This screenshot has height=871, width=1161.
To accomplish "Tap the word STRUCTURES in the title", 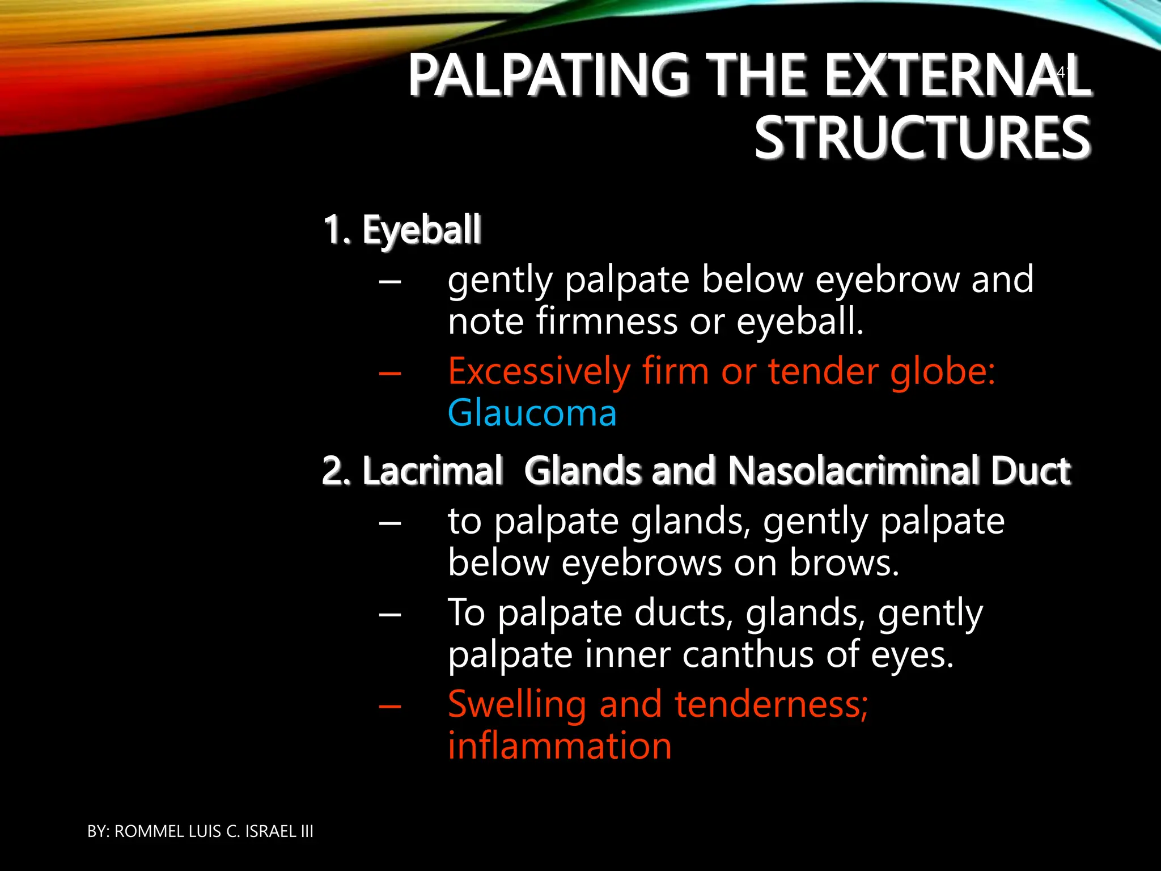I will [x=922, y=138].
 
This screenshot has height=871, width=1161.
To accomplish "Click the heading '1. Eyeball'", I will [x=402, y=230].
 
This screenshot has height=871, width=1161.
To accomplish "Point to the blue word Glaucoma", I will [x=532, y=413].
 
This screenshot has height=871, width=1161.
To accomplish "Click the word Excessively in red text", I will [x=539, y=372].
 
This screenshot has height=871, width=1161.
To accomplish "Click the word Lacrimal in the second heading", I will [x=432, y=471].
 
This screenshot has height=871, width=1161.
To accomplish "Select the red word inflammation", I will [x=560, y=746].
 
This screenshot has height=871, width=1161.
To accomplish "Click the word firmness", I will [x=607, y=322].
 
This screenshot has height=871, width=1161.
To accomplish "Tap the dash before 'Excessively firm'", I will [x=390, y=374].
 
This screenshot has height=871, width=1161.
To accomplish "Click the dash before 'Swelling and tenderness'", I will [x=390, y=707].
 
